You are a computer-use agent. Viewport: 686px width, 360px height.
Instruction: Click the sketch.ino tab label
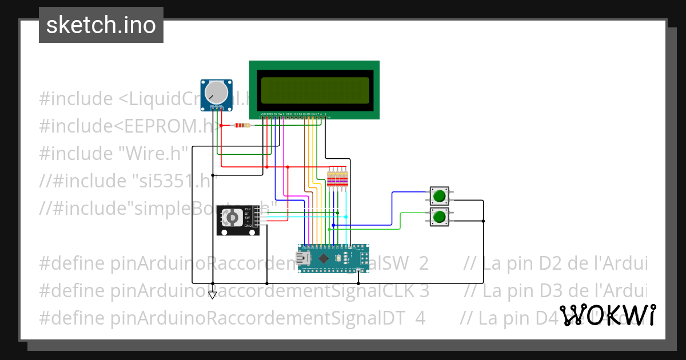point(101,25)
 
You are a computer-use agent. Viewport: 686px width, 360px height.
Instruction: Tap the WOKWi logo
point(607,315)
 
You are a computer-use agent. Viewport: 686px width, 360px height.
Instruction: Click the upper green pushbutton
point(439,196)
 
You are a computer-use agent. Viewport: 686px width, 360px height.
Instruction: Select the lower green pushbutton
point(439,217)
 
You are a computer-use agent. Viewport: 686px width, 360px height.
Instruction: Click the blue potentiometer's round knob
point(216,92)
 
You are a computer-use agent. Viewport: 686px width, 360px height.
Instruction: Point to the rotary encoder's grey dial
point(232,218)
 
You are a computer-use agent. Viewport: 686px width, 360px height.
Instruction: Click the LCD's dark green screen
point(314,90)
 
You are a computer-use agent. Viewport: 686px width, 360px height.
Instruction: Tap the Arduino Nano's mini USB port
point(303,259)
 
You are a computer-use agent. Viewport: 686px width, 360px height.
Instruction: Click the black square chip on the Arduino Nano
point(324,258)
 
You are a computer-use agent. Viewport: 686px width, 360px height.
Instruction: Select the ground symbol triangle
point(213,295)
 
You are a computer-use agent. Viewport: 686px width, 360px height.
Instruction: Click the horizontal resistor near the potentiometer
point(242,126)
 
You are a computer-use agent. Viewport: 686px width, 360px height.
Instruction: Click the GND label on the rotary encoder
point(248,226)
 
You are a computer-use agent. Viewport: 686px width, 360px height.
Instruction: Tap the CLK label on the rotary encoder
point(248,209)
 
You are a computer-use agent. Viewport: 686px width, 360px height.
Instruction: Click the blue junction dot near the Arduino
point(334,225)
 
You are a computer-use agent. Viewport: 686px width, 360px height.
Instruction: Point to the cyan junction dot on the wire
point(346,217)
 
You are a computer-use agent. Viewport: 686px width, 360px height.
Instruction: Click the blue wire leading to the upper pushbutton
point(392,206)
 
